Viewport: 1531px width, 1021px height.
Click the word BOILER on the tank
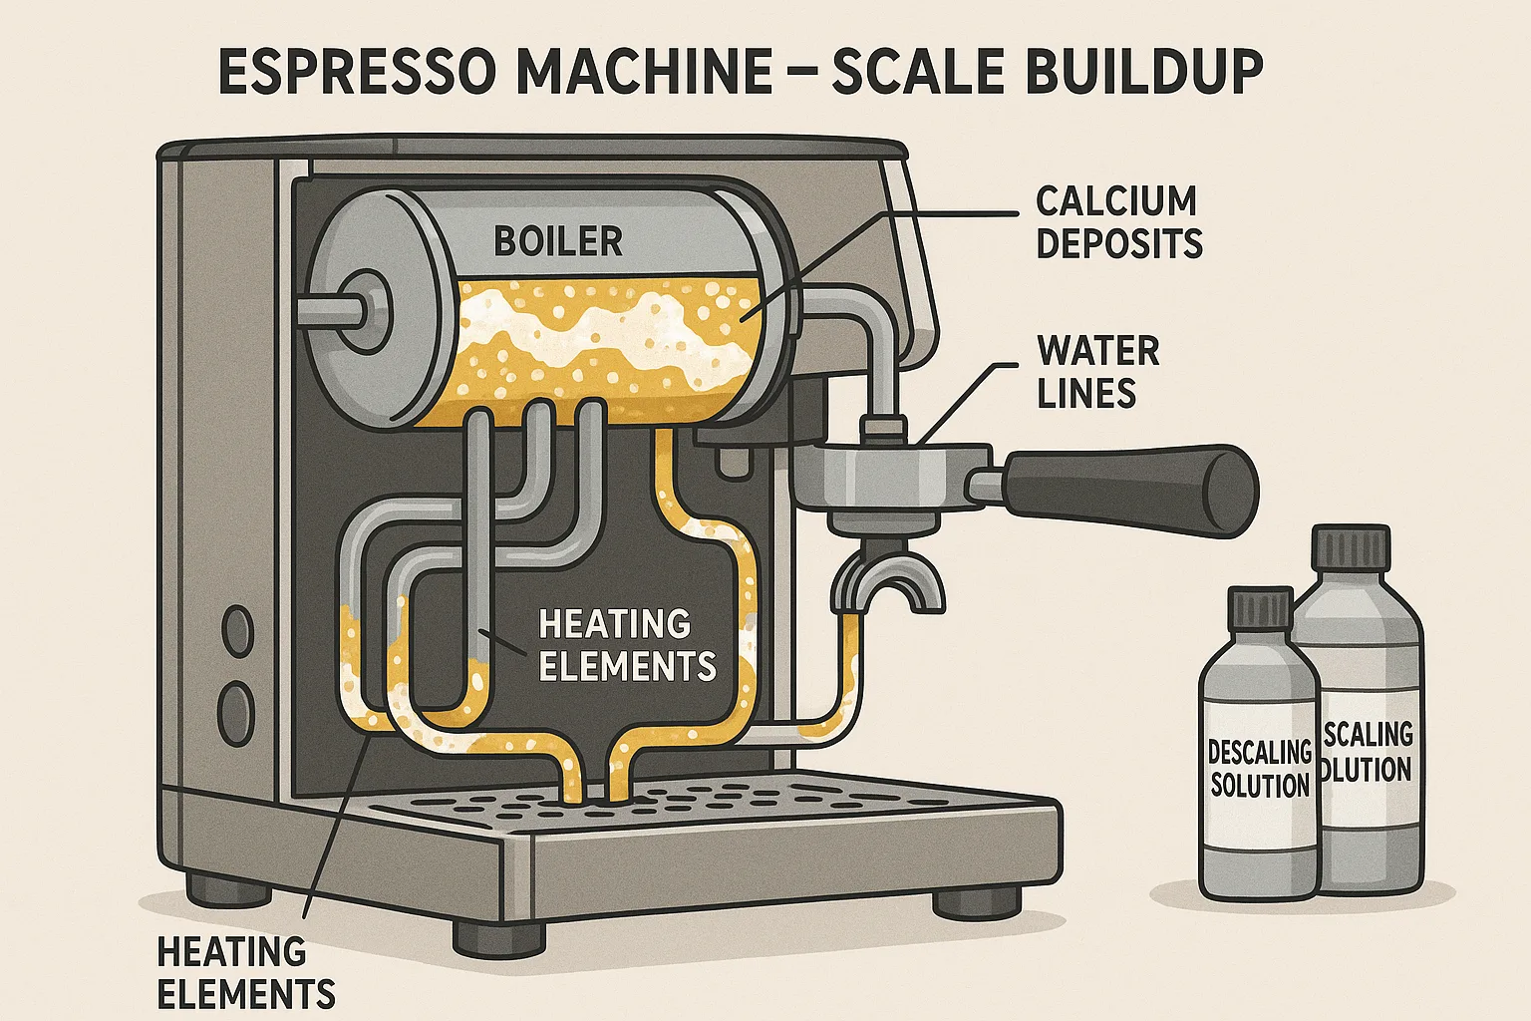tap(558, 241)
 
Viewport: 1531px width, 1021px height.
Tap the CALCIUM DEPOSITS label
tap(1118, 222)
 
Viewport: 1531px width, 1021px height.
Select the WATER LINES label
tap(1097, 373)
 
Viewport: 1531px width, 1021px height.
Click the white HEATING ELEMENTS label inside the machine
tap(627, 645)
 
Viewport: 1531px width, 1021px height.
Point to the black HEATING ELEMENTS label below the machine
tap(245, 972)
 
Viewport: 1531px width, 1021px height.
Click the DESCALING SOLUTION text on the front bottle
tap(1260, 768)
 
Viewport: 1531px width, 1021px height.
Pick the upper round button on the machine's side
tap(238, 632)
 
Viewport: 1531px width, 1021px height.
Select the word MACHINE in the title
tap(647, 73)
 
